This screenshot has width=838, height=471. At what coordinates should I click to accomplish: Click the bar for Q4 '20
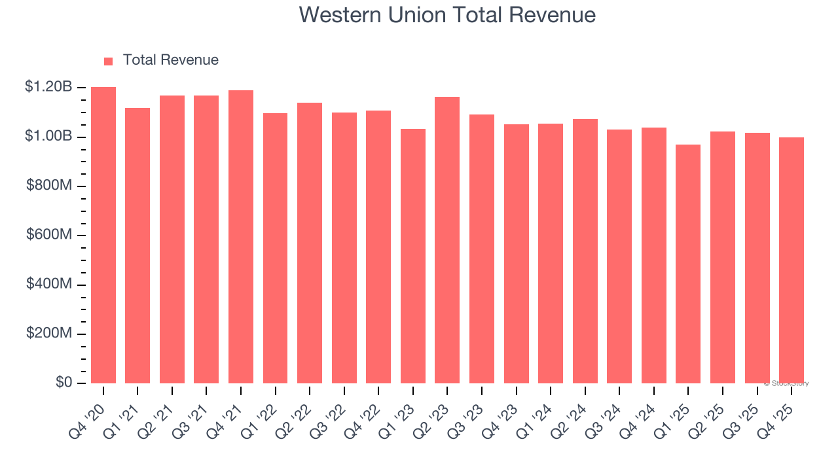coord(103,235)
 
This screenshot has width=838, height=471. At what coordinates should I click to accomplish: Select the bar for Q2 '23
coord(447,240)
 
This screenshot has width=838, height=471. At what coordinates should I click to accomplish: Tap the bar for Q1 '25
coord(688,264)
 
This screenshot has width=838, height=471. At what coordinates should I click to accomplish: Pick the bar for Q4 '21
coord(241,237)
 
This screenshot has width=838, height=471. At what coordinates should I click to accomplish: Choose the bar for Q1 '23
coord(413,256)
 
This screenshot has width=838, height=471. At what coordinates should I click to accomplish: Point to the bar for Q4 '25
coord(792,260)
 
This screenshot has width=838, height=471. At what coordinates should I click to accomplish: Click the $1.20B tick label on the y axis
coord(48,87)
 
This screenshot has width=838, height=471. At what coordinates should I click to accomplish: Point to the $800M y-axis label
coord(49,186)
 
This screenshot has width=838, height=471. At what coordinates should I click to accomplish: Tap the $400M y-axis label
coord(49,284)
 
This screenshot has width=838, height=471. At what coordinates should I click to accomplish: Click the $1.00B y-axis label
coord(48,136)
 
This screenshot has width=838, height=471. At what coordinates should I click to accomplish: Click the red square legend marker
coord(109,61)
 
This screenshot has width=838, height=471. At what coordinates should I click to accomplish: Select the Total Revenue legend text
coord(171,60)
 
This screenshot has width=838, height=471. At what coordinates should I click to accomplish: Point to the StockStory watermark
coord(786,383)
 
